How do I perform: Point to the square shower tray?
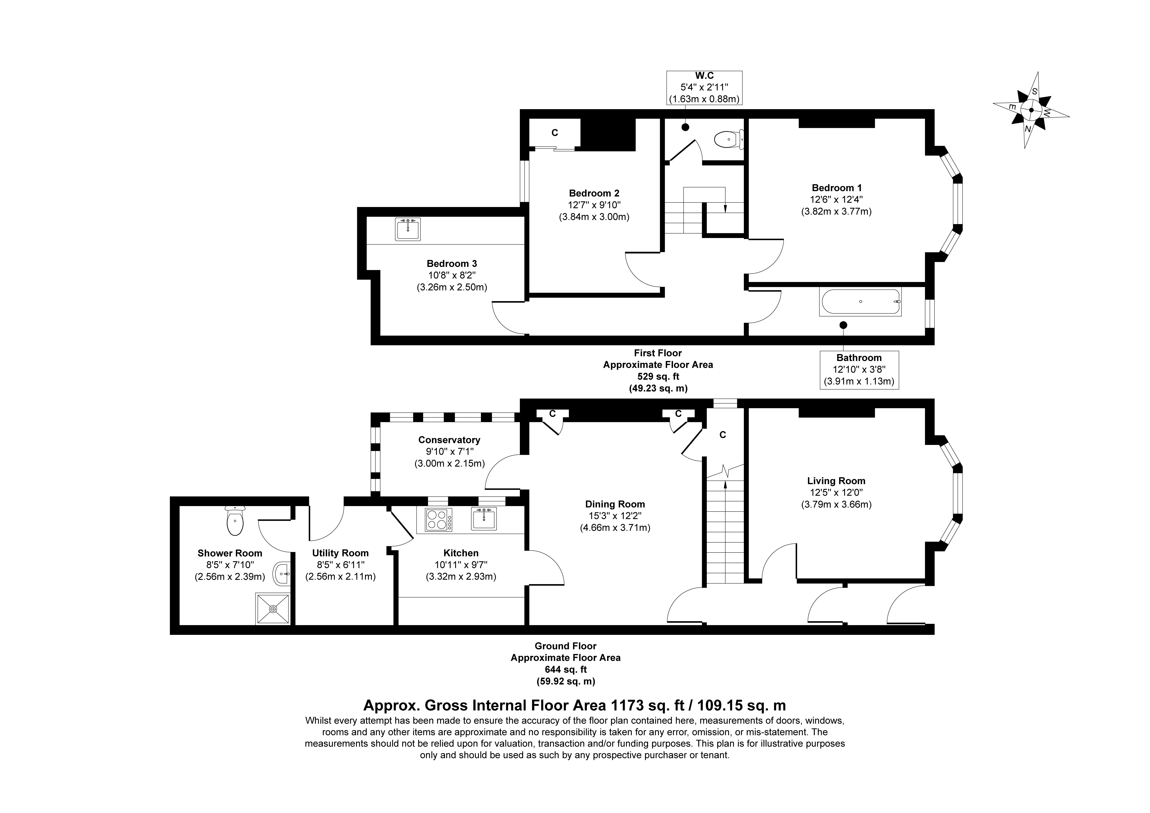[x=273, y=609]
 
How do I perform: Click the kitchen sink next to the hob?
[x=484, y=519]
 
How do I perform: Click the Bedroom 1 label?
[x=837, y=188]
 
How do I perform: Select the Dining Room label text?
[x=615, y=504]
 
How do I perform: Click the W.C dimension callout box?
[x=704, y=88]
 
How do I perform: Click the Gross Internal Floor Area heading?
[x=574, y=706]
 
